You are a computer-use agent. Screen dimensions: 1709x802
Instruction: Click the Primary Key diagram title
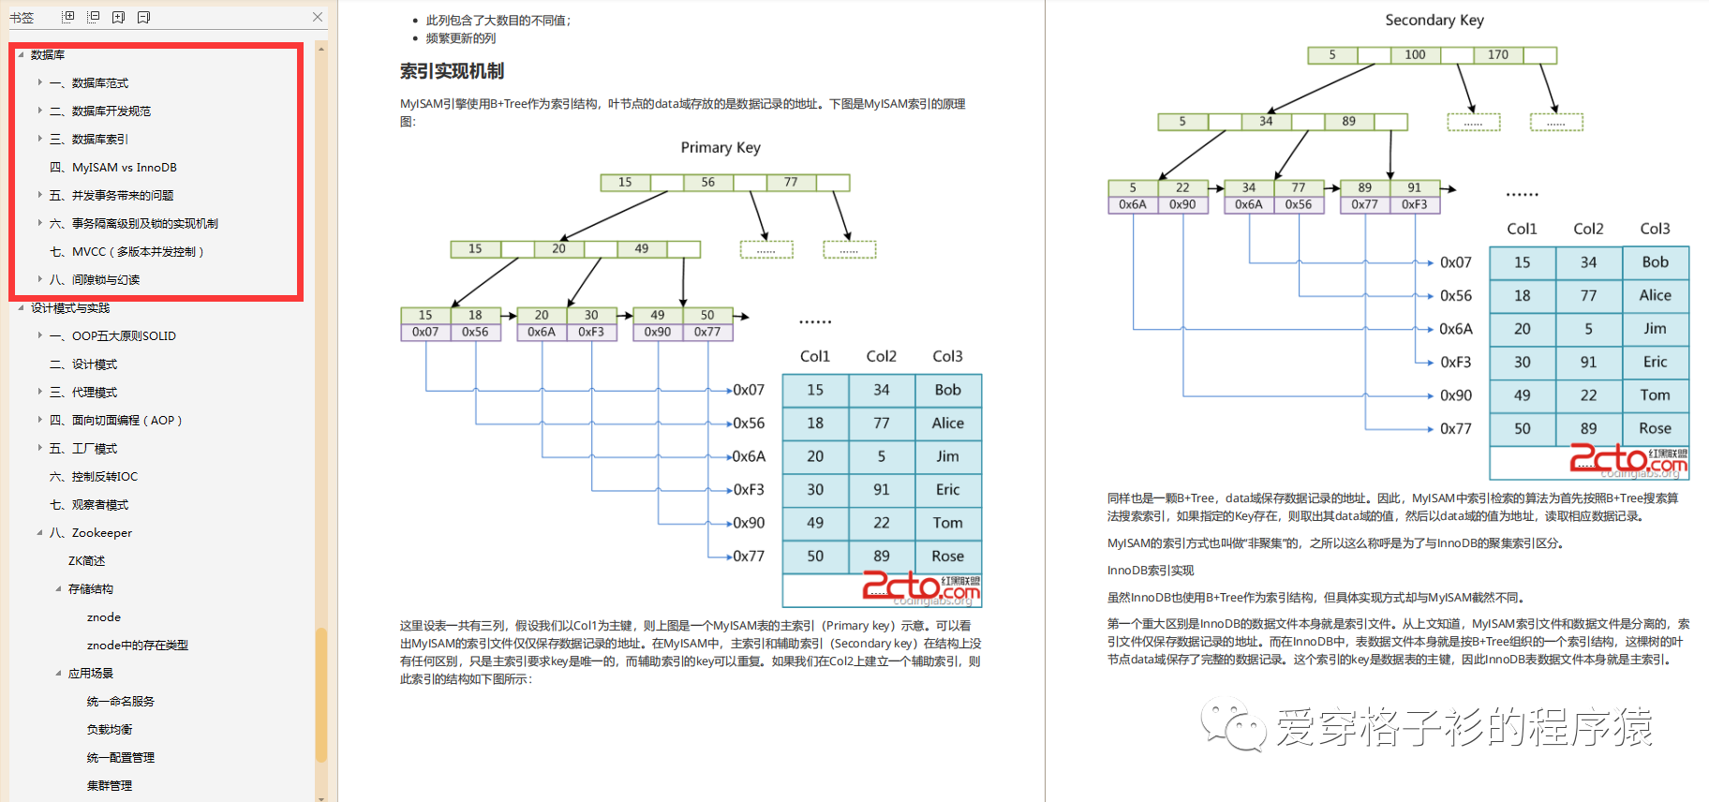tap(721, 147)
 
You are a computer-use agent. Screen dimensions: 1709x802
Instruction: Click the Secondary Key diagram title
tap(1434, 20)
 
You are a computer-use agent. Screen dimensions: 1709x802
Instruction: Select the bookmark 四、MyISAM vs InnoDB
tap(124, 168)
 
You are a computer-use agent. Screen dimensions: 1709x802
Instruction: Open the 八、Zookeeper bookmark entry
tap(101, 533)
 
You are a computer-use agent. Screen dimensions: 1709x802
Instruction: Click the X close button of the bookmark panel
tap(318, 17)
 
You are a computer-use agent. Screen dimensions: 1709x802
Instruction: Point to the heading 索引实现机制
tap(452, 71)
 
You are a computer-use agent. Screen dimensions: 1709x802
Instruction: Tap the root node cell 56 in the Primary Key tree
tap(708, 183)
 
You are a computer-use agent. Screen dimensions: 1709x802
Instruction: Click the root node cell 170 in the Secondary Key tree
tap(1498, 55)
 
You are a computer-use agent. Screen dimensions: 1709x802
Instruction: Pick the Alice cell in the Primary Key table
tap(947, 423)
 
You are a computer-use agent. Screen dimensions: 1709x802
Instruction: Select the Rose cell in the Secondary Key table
tap(1655, 428)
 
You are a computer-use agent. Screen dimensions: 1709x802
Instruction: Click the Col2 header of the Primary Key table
tap(881, 356)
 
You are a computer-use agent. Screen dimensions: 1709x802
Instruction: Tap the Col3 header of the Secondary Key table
tap(1655, 229)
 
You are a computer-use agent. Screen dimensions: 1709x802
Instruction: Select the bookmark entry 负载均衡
tap(110, 730)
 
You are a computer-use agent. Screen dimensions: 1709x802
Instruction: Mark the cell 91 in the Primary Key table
tap(881, 490)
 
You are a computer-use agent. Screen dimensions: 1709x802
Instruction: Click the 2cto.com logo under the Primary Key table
tap(920, 587)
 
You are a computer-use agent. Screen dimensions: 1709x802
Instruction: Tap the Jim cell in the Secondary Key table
tap(1655, 329)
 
